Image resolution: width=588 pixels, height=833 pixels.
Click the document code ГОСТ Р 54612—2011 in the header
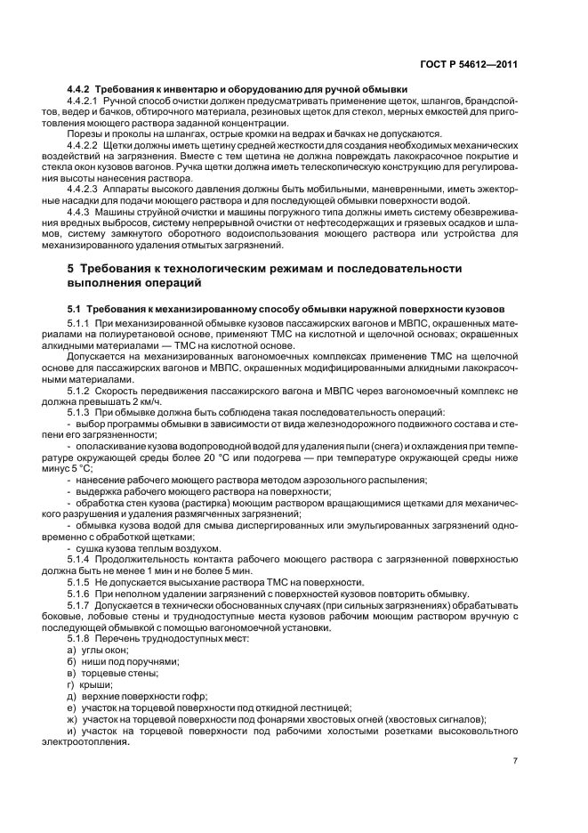476,65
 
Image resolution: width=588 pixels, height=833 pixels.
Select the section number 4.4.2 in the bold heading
81,90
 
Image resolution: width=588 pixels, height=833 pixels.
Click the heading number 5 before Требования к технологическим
72,268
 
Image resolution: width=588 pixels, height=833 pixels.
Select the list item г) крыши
88,683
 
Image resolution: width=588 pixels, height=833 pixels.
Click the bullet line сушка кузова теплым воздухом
133,548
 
